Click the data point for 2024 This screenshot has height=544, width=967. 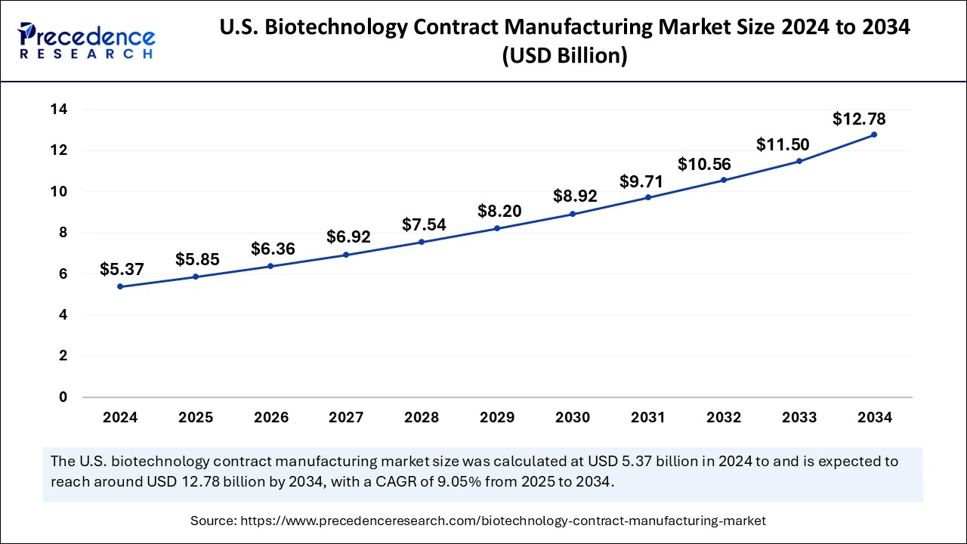click(x=120, y=287)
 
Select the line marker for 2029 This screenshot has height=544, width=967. click(x=497, y=228)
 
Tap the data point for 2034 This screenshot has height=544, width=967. click(x=874, y=134)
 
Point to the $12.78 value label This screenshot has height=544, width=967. click(x=859, y=119)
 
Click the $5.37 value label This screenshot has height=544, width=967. click(x=121, y=269)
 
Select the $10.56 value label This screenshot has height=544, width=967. click(x=704, y=164)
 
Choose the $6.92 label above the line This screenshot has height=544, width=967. click(x=348, y=236)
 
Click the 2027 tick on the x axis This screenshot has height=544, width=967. click(x=346, y=417)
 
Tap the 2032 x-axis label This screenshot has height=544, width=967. click(x=723, y=417)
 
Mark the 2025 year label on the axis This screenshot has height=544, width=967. click(x=196, y=417)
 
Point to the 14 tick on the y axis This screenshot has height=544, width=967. click(x=59, y=110)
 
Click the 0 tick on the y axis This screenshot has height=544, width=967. click(x=63, y=397)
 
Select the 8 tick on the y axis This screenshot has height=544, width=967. click(x=63, y=233)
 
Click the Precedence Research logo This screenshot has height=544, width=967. click(x=87, y=39)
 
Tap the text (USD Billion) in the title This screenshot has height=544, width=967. click(x=565, y=57)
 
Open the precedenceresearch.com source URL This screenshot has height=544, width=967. click(x=502, y=521)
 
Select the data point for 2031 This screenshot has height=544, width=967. click(x=647, y=197)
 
